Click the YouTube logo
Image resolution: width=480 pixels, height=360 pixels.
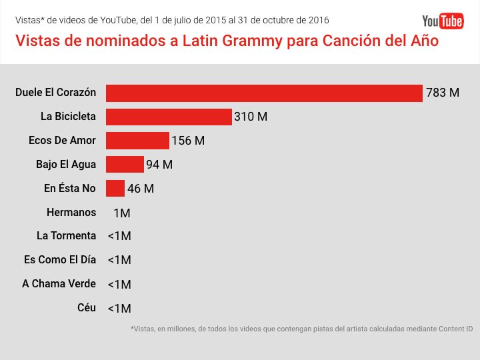pos(443,21)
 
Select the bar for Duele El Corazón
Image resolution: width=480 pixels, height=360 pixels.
pos(264,93)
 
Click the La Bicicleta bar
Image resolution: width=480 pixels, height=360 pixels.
pos(169,117)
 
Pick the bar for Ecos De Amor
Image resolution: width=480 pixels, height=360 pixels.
pos(137,141)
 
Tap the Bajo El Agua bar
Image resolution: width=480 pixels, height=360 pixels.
pos(125,165)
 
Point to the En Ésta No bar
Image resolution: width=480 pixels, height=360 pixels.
pos(115,189)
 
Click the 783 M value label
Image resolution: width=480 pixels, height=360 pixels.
pos(443,93)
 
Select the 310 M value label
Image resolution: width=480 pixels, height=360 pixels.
pos(251,117)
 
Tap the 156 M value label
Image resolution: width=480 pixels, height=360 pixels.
pos(188,141)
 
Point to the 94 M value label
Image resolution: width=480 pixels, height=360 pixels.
pos(159,165)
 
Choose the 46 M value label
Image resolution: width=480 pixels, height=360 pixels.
pos(141,189)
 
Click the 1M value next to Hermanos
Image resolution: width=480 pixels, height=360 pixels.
pos(122,213)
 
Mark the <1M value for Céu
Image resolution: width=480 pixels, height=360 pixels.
pos(119,309)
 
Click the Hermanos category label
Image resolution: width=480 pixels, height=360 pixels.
pos(71,213)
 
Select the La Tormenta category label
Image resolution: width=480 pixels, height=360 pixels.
pos(67,236)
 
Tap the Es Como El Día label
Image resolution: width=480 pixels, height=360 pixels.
pos(59,260)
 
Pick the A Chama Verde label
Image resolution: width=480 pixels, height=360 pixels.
pos(59,284)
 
